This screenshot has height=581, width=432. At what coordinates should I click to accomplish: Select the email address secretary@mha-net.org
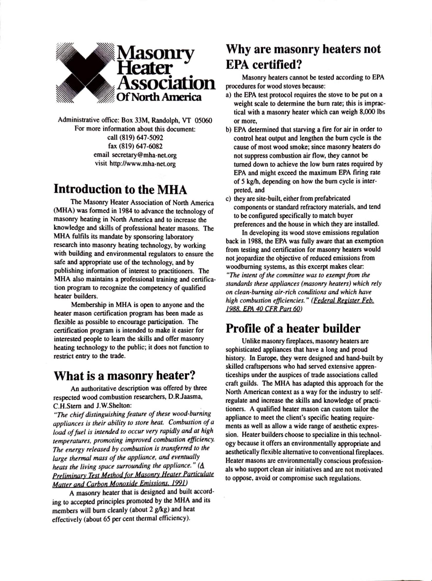144,155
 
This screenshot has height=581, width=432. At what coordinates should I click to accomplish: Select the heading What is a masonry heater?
124,376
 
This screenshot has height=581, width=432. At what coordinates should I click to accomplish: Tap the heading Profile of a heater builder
293,329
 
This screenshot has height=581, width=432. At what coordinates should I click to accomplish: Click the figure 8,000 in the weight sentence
367,112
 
